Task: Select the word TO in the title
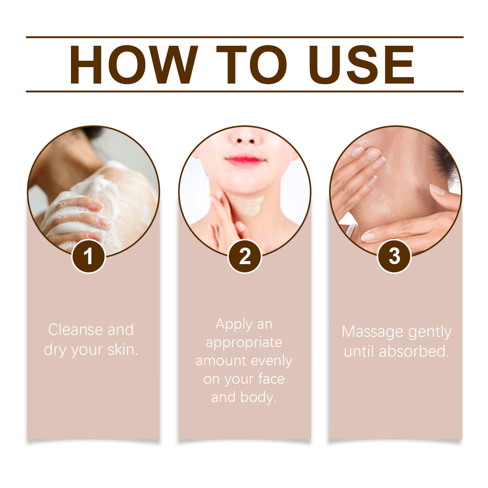(x=252, y=65)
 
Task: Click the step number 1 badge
(x=88, y=256)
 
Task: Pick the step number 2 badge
(x=245, y=256)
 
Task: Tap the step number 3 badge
(x=394, y=256)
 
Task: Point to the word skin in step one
(x=122, y=350)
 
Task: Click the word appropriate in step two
(x=244, y=343)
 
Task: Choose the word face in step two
(x=271, y=379)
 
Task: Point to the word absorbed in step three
(x=414, y=351)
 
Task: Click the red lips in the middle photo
(x=245, y=161)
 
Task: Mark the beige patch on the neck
(x=247, y=206)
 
